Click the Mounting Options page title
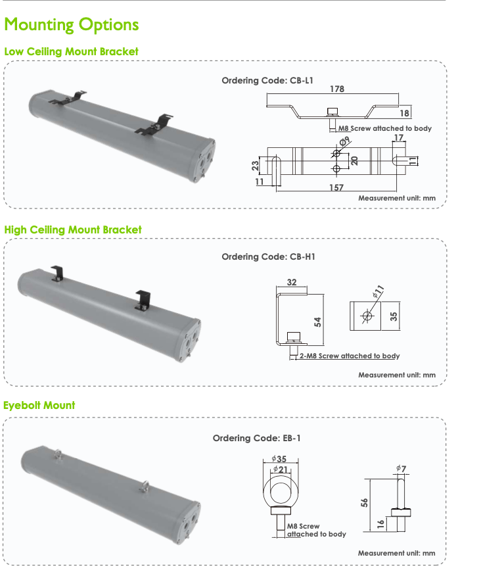(x=71, y=25)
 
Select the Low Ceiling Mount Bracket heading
(x=71, y=51)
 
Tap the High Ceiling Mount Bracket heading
(x=72, y=229)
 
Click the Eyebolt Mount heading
(x=39, y=405)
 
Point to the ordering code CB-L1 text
(x=267, y=81)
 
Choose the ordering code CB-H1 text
(x=268, y=256)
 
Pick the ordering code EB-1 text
(x=257, y=438)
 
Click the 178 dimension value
(x=338, y=89)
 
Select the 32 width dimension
(x=292, y=283)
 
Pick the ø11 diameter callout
(x=378, y=291)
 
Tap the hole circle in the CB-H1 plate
(x=367, y=317)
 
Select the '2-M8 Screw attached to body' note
(x=349, y=356)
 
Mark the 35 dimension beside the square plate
(x=394, y=316)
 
